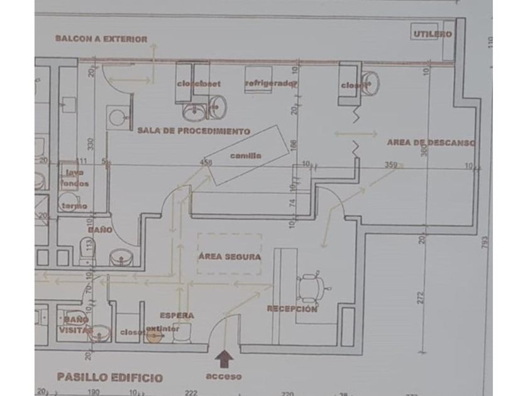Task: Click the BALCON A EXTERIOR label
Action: (101, 39)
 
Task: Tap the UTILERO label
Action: (432, 34)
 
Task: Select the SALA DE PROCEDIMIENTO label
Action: (194, 131)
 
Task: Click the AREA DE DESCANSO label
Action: (431, 143)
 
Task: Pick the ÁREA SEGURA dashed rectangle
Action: (229, 254)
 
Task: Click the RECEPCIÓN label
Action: (292, 309)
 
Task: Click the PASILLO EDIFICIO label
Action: (109, 378)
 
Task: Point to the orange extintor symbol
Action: (153, 336)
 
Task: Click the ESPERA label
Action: (177, 315)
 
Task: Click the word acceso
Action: (224, 377)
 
